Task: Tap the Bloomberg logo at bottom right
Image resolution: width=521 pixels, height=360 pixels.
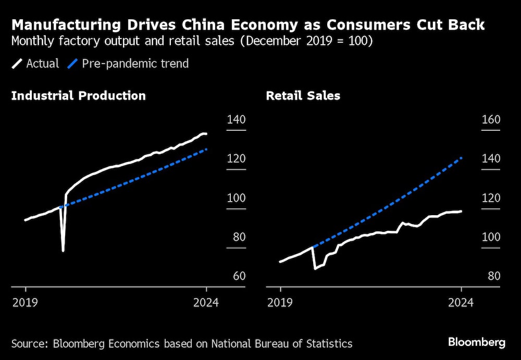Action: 477,342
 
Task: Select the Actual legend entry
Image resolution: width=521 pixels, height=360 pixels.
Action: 36,64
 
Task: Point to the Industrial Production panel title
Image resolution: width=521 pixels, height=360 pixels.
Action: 78,96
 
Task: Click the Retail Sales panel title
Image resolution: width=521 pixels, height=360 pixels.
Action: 303,96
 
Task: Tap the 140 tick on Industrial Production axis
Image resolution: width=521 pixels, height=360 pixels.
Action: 235,120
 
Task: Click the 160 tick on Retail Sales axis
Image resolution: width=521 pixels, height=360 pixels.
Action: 490,120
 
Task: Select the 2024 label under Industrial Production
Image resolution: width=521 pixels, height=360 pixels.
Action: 206,303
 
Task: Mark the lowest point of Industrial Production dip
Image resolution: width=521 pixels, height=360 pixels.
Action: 63,251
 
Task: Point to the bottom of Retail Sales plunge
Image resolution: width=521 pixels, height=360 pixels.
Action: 315,269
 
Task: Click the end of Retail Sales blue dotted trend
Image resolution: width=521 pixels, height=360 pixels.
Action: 462,157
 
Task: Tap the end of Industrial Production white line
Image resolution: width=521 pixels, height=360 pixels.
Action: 206,134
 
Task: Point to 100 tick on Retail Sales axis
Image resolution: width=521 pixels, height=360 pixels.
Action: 490,237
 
